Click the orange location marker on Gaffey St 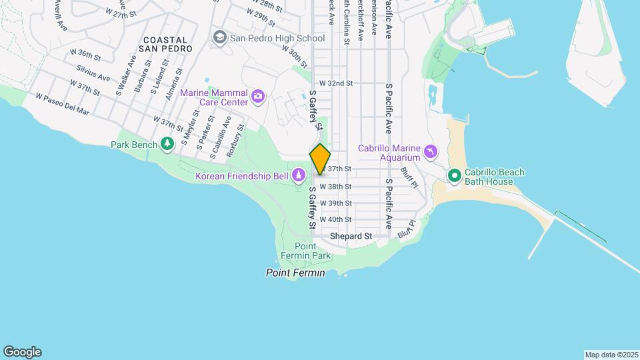coord(320,159)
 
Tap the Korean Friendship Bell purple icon coord(300,176)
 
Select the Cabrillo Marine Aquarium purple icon coord(432,153)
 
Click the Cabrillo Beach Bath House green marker coord(455,176)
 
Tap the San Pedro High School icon coord(219,38)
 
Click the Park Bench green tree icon coord(167,144)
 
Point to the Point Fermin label coord(295,273)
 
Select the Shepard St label coord(351,236)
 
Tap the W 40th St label coord(335,219)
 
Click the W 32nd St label coord(335,83)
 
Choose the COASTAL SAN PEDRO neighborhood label coord(166,44)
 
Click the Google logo coord(22,352)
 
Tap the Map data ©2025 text coord(610,355)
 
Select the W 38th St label coord(335,187)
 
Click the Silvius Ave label coord(93,72)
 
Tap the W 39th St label coord(335,203)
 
